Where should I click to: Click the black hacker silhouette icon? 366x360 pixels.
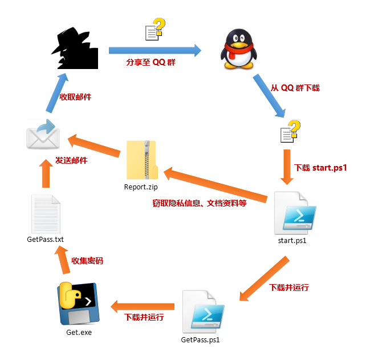(76, 50)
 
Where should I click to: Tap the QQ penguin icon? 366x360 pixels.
(239, 50)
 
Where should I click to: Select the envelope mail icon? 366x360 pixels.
(43, 135)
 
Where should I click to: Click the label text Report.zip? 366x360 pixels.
(142, 187)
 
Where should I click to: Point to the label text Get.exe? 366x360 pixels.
(79, 333)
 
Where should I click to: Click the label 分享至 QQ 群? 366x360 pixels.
(151, 62)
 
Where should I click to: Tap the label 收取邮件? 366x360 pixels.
(75, 97)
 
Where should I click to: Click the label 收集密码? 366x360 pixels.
(87, 260)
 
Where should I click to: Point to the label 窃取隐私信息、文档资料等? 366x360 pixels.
(200, 203)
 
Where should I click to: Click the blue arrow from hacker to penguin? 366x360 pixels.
(156, 50)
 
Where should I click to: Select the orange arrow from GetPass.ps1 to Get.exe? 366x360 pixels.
(143, 307)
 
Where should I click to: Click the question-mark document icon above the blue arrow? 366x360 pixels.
(155, 30)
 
